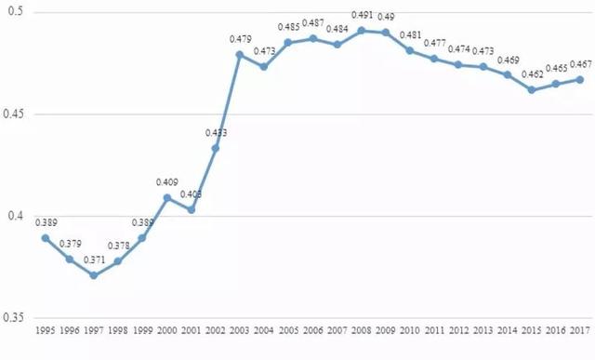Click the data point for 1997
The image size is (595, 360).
pyautogui.click(x=94, y=275)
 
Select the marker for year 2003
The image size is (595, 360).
pyautogui.click(x=240, y=55)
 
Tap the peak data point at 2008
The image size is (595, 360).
pyautogui.click(x=362, y=31)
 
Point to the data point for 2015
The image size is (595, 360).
pyautogui.click(x=532, y=90)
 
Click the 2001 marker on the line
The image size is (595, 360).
pyautogui.click(x=192, y=210)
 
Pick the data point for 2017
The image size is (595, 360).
pyautogui.click(x=580, y=79)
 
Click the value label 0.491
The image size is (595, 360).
pyautogui.click(x=362, y=16)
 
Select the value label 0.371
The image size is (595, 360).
pyautogui.click(x=94, y=260)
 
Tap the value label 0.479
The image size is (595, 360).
pyautogui.click(x=240, y=39)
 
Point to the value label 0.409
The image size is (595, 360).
pyautogui.click(x=167, y=182)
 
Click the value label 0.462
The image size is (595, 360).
pyautogui.click(x=532, y=74)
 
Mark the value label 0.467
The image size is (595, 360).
pyautogui.click(x=580, y=64)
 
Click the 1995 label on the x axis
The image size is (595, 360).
pyautogui.click(x=46, y=330)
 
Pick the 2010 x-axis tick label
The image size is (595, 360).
pyautogui.click(x=410, y=330)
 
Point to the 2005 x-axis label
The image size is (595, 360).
pyautogui.click(x=288, y=330)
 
